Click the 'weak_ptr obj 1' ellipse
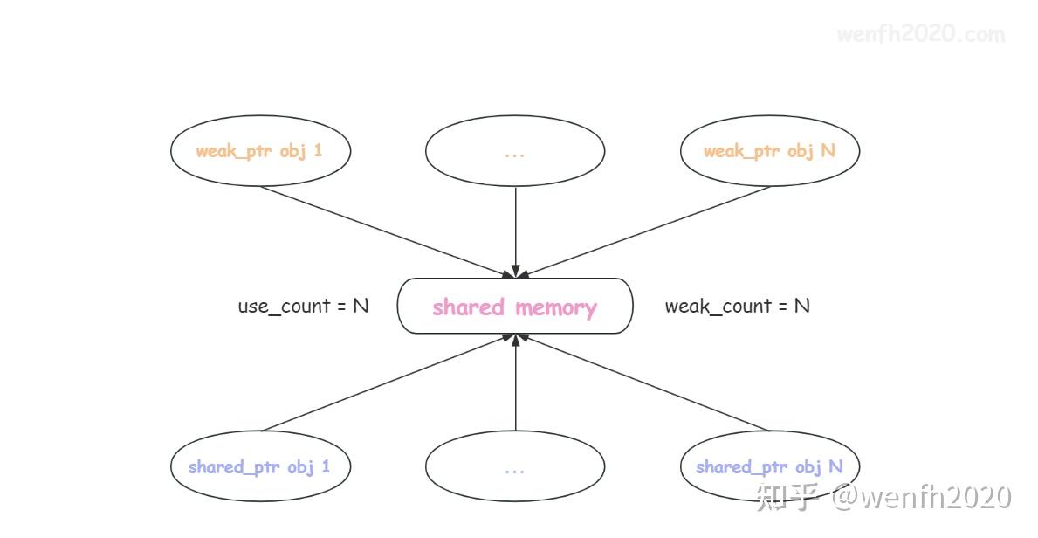(x=260, y=151)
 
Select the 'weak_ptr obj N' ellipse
(x=770, y=151)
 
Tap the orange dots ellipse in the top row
(x=515, y=151)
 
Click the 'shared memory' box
(x=515, y=307)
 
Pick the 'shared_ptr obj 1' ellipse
(x=260, y=466)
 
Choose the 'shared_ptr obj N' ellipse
(x=770, y=466)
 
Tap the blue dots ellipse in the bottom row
(x=515, y=466)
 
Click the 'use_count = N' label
(x=303, y=307)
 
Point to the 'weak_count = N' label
(x=737, y=307)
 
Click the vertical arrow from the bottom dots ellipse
(x=515, y=384)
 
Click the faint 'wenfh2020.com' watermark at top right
(x=920, y=35)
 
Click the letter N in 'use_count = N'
(x=360, y=307)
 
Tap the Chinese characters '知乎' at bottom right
(x=788, y=496)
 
